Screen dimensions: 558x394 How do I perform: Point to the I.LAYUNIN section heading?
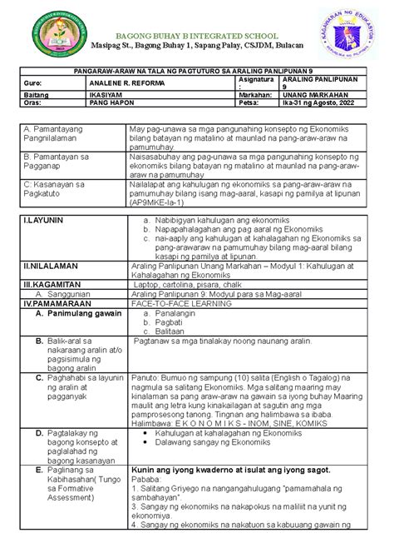[x=42, y=219]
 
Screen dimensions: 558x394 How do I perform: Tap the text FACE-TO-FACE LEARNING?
[x=182, y=303]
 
